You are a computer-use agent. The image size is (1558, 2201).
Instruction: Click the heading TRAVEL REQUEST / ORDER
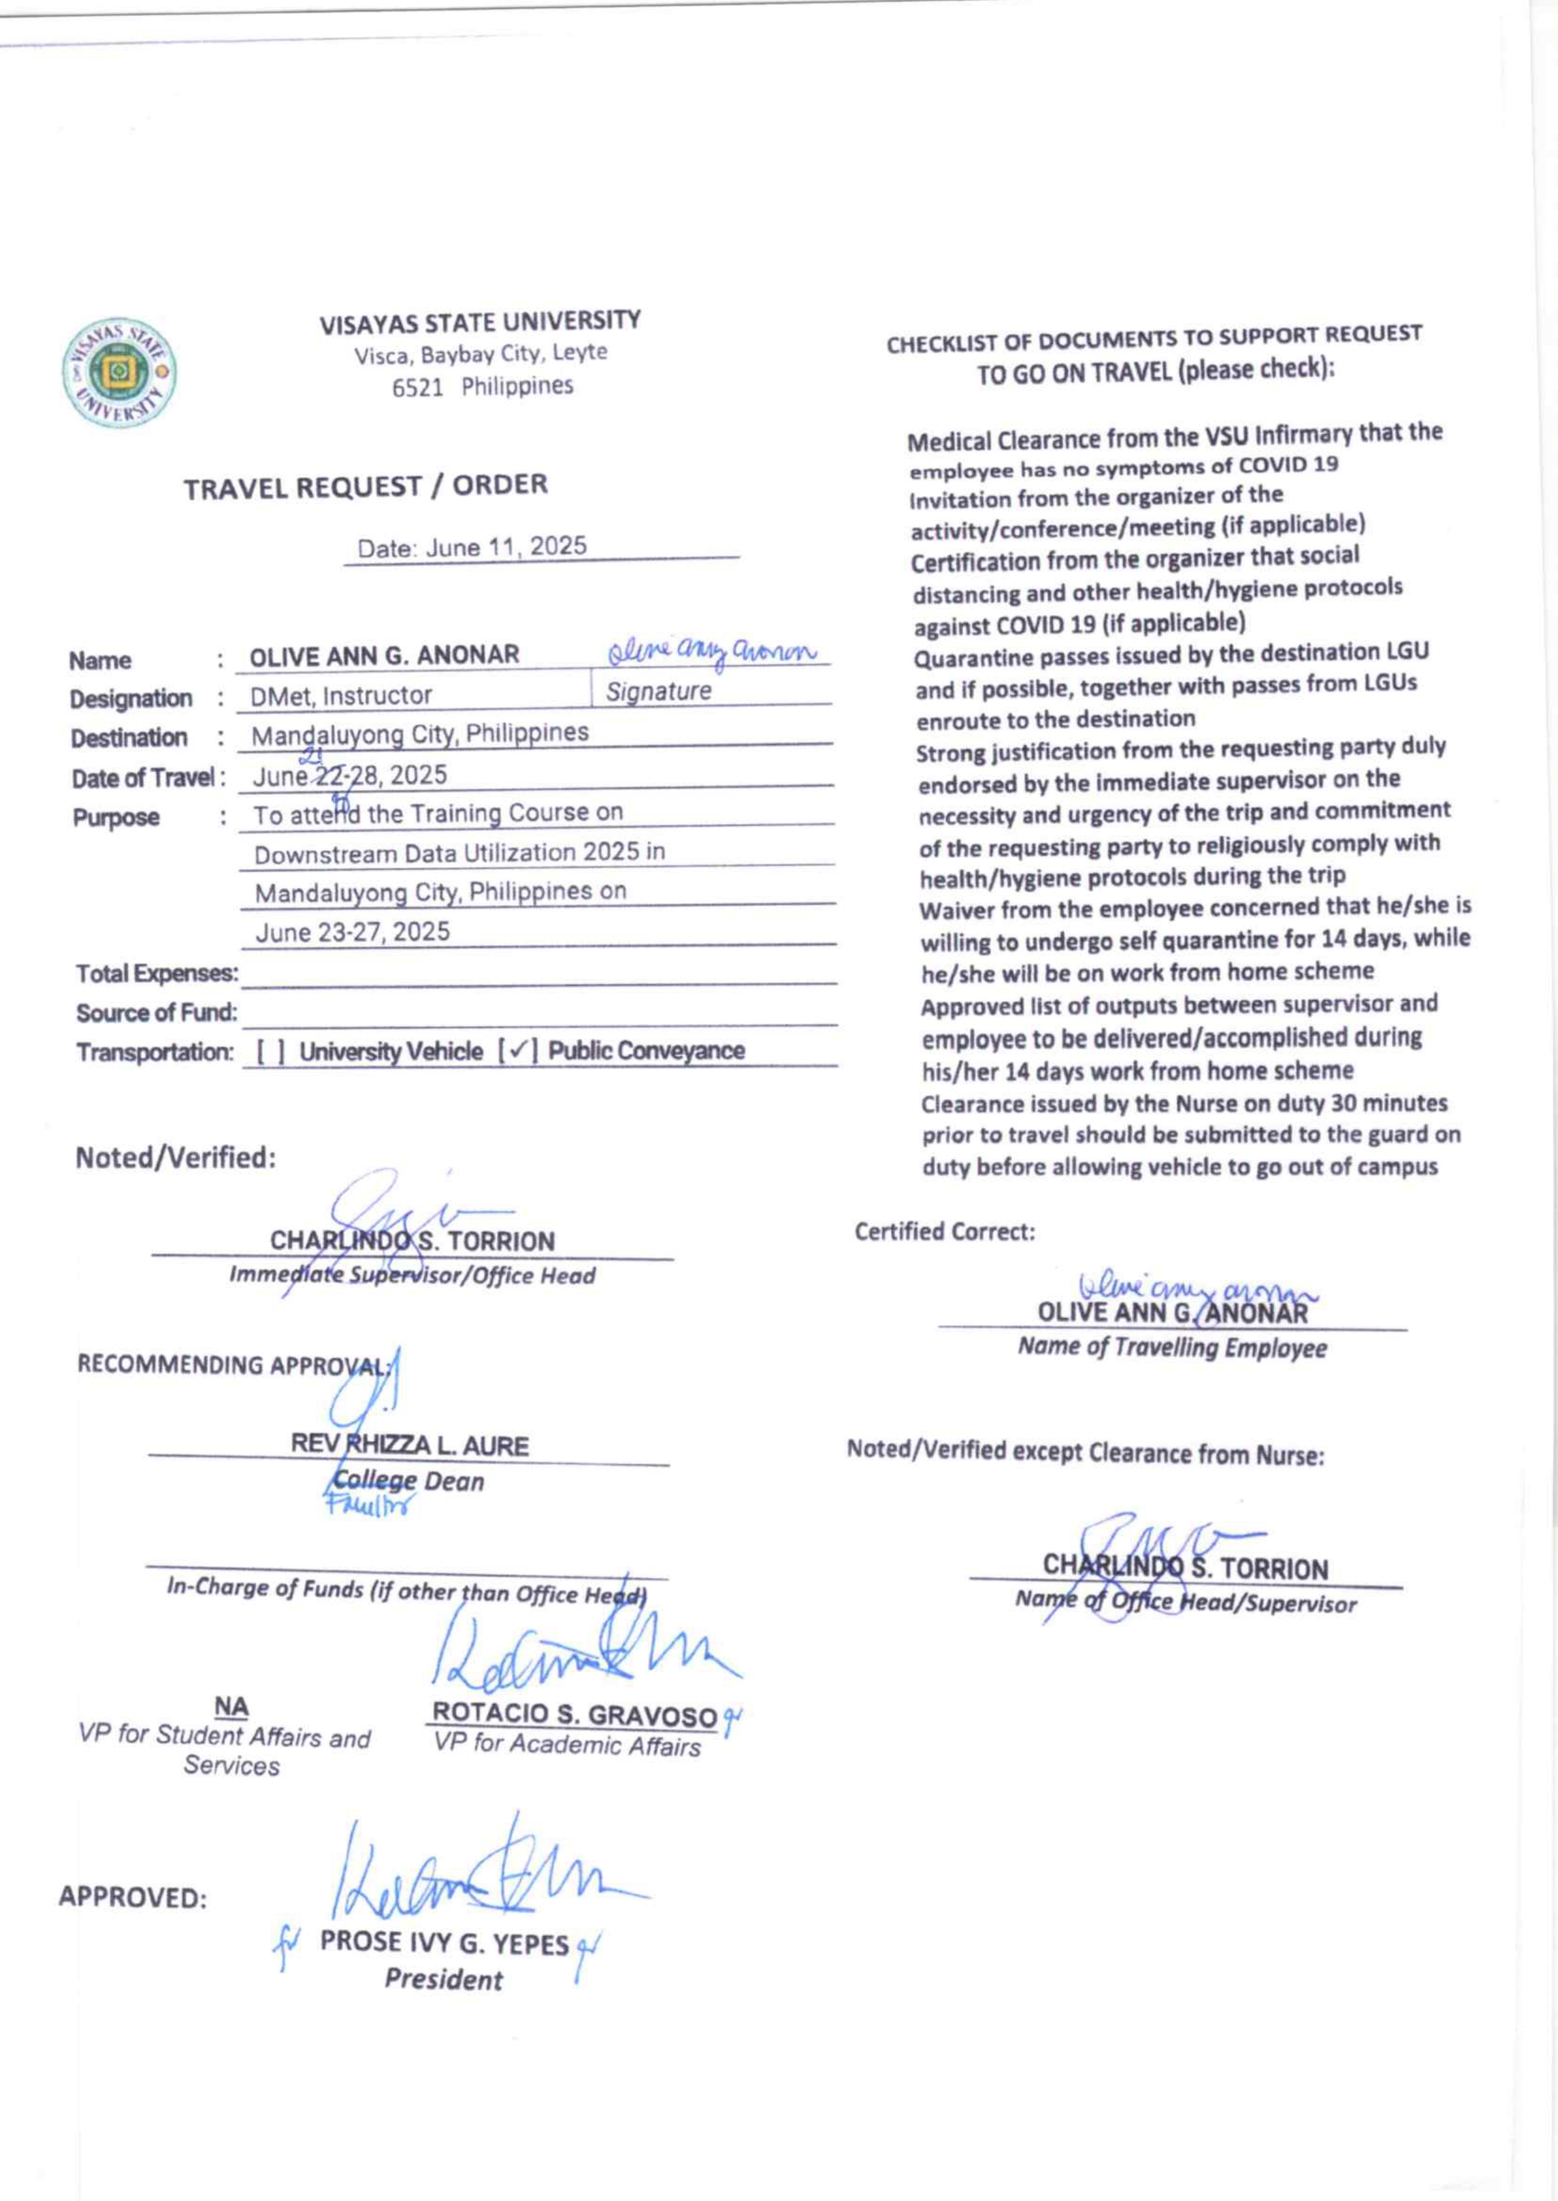[366, 485]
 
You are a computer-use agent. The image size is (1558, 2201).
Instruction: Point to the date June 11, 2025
[506, 547]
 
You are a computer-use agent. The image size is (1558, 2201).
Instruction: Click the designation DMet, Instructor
[340, 695]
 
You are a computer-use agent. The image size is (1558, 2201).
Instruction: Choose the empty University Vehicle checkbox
[271, 1052]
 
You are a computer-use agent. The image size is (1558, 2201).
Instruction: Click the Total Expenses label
[156, 973]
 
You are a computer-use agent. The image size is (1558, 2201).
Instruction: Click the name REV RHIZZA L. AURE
[410, 1446]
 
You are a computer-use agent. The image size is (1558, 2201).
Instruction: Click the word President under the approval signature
[444, 1979]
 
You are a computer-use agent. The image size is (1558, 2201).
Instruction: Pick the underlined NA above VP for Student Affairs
[231, 1707]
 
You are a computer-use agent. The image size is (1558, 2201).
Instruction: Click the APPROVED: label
[133, 1897]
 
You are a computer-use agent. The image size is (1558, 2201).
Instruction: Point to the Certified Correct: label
[944, 1231]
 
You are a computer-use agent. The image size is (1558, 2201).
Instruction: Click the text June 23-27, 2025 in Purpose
[352, 931]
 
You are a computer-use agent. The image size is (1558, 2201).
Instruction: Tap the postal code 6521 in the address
[417, 387]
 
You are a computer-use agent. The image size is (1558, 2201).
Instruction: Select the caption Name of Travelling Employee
[1172, 1348]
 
